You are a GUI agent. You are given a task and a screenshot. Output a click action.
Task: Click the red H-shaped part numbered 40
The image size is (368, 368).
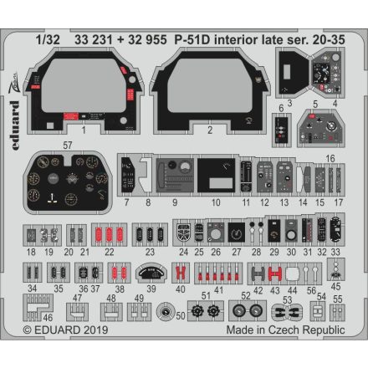point(180,273)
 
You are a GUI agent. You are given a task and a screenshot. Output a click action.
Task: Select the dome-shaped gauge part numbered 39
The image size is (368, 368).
point(151,273)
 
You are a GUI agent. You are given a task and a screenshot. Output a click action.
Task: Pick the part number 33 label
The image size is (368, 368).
point(335,252)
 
